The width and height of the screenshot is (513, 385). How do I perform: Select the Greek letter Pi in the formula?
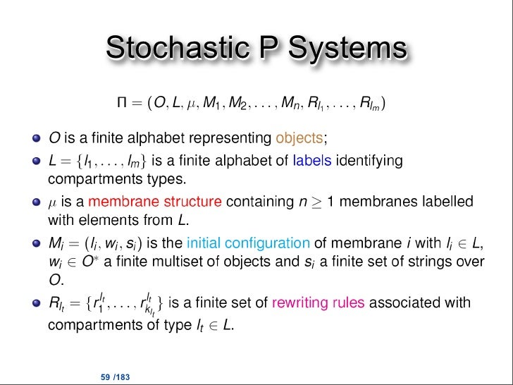[123, 106]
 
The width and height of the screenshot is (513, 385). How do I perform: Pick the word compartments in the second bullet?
[92, 176]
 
